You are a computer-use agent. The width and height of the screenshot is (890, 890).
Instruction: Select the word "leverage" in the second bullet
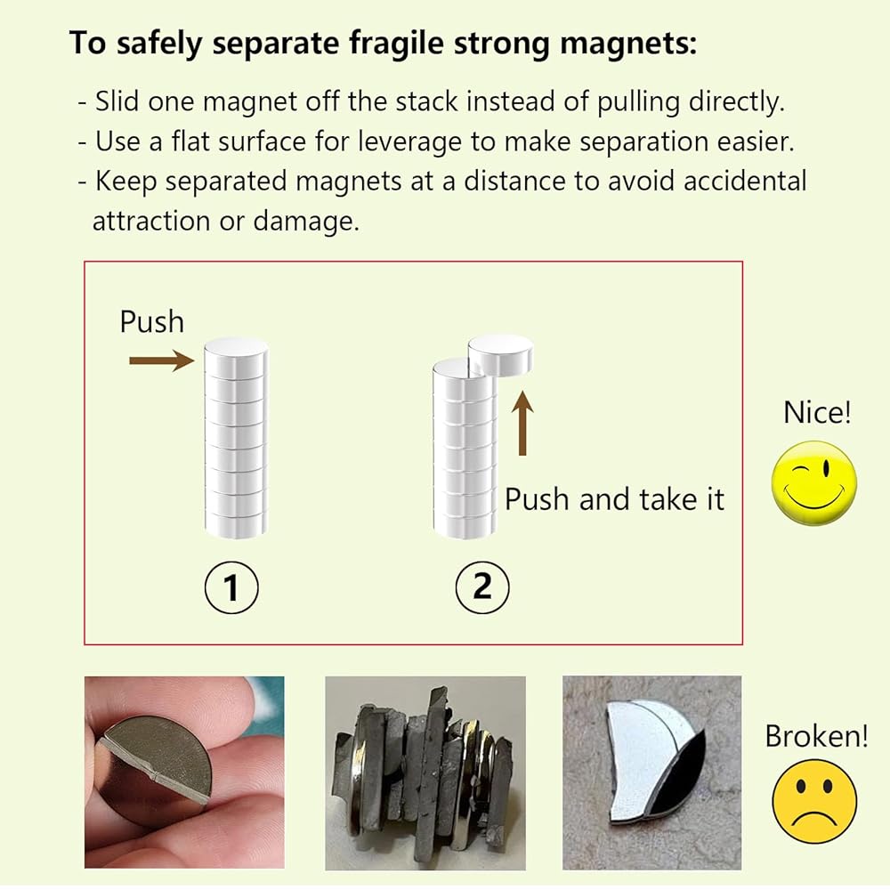(409, 142)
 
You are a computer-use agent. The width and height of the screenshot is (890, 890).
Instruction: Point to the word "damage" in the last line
(305, 222)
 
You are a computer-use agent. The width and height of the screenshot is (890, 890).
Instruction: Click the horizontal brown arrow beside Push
(162, 360)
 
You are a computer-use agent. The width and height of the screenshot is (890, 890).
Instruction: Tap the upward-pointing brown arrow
(522, 423)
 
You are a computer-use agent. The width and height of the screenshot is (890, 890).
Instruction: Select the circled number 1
(231, 587)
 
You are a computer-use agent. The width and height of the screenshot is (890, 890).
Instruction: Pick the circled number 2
(481, 587)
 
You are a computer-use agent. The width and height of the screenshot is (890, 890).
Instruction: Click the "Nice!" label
(817, 412)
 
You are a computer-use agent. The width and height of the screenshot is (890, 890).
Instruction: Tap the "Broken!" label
(816, 736)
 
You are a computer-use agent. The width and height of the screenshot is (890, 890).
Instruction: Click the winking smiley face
(814, 482)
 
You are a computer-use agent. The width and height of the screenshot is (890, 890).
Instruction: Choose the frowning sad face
(815, 801)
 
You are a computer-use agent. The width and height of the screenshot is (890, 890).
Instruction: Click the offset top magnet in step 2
(500, 354)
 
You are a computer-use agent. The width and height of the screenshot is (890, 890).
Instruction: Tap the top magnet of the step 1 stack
(236, 356)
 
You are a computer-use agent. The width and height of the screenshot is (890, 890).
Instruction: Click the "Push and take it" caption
(614, 499)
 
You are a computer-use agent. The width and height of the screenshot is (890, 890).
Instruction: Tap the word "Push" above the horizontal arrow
(151, 322)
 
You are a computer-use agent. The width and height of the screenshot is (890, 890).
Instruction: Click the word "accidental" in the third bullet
(745, 181)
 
